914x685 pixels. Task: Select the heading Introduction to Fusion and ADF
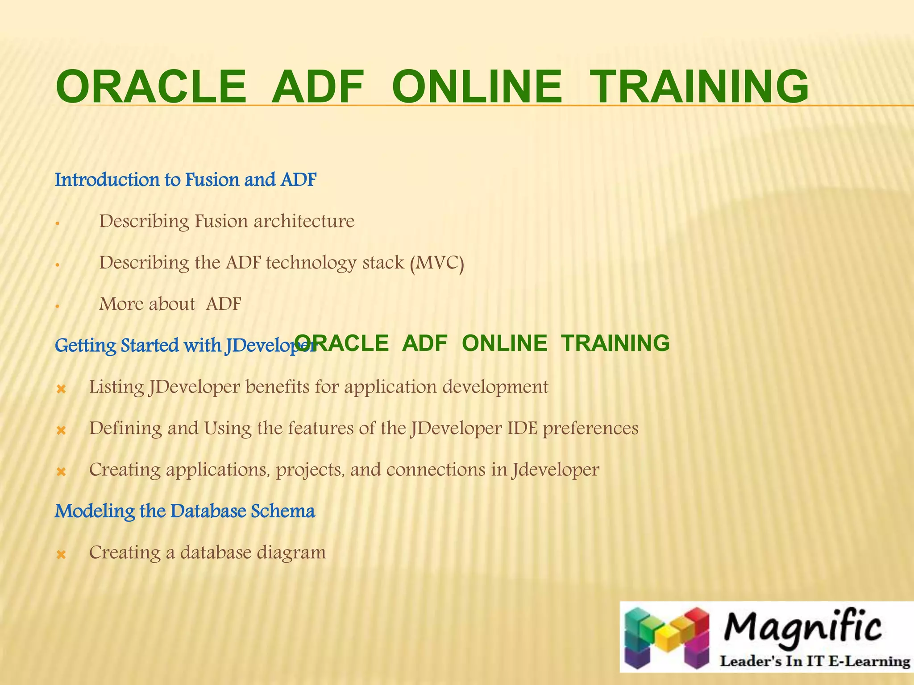tap(186, 180)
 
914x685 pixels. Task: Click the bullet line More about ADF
tap(170, 304)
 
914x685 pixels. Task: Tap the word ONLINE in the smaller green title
tap(504, 343)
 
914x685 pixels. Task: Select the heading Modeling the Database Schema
tap(185, 511)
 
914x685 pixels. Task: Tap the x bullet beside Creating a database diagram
tap(61, 555)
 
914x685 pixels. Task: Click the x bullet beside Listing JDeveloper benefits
tap(61, 389)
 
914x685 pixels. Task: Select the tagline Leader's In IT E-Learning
tap(815, 661)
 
